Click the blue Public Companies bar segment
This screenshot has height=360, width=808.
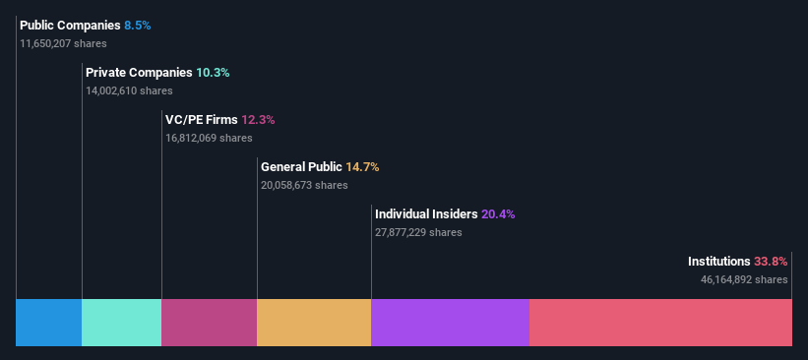click(48, 323)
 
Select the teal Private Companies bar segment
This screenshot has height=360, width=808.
click(121, 323)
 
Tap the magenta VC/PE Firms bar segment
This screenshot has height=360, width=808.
click(209, 323)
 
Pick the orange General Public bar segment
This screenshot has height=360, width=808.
click(314, 323)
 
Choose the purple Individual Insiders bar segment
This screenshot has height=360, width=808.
click(450, 323)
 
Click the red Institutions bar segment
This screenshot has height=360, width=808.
click(660, 323)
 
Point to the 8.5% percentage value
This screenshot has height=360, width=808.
click(138, 26)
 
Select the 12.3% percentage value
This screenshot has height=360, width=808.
click(258, 120)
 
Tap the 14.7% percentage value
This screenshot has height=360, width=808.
click(362, 167)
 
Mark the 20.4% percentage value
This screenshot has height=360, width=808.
click(498, 214)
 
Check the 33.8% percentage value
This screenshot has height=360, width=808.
click(771, 262)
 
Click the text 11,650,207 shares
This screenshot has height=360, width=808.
click(63, 43)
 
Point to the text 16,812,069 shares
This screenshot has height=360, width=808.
click(209, 138)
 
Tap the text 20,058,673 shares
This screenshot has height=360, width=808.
click(304, 185)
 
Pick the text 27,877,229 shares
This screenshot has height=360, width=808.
click(418, 232)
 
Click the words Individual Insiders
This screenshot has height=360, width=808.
click(426, 214)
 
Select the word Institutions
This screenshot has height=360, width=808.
click(718, 262)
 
